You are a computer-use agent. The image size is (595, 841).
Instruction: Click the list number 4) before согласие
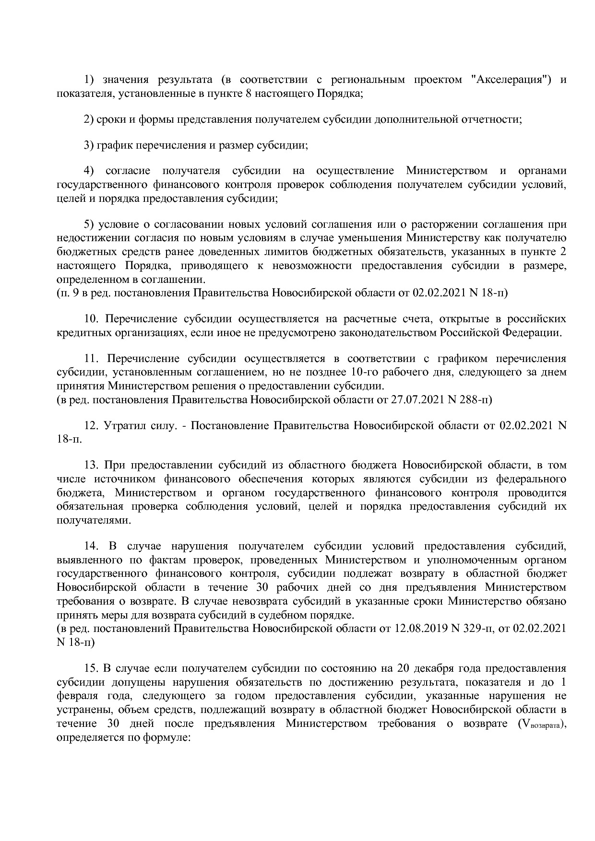[89, 171]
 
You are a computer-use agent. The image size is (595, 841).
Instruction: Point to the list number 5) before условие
[89, 224]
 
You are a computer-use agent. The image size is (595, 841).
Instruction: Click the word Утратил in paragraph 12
[119, 425]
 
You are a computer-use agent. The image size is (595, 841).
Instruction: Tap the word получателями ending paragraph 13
[93, 520]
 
